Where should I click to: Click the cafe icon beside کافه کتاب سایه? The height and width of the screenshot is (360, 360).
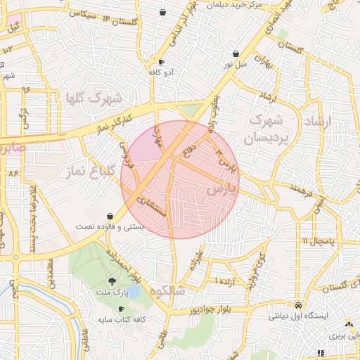(122, 309)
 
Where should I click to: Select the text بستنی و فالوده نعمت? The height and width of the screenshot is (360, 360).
(111, 228)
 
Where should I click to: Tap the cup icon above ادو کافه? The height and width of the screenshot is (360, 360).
(162, 62)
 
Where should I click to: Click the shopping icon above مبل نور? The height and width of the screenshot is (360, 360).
(235, 53)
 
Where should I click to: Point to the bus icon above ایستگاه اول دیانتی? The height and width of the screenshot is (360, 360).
(299, 307)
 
